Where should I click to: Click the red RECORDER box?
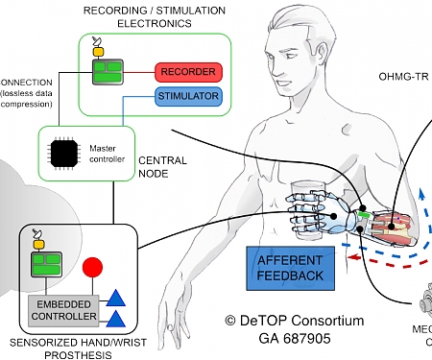point(187,71)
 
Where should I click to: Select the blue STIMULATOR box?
point(187,96)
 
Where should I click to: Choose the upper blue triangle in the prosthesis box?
point(115,298)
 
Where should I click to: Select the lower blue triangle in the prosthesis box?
point(115,320)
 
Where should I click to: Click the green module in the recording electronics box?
point(107,71)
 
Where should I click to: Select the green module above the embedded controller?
point(42,264)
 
